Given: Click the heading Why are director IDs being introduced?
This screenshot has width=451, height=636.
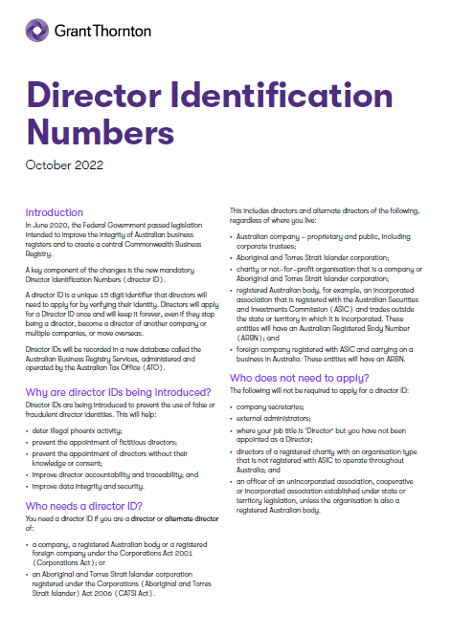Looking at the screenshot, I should [x=118, y=365].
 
